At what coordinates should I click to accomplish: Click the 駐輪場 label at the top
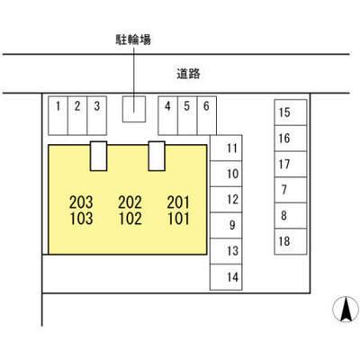click(x=133, y=40)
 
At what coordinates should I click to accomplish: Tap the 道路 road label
click(x=188, y=74)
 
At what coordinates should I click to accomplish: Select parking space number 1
click(x=58, y=115)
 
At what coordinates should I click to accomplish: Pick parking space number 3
click(x=97, y=115)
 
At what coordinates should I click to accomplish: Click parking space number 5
click(x=187, y=115)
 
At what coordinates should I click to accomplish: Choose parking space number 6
click(x=207, y=115)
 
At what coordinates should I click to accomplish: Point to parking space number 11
click(x=226, y=148)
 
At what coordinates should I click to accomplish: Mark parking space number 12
click(x=226, y=200)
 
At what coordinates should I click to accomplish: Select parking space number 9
click(x=226, y=225)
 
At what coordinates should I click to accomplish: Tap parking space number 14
click(x=226, y=277)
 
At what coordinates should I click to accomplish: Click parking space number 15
click(x=291, y=112)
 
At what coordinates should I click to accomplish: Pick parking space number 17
click(x=291, y=164)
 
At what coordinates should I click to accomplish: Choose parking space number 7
click(x=291, y=190)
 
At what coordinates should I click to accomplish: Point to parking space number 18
click(x=291, y=241)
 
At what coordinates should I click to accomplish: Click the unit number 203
click(x=81, y=202)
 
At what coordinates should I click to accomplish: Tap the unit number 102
click(x=130, y=219)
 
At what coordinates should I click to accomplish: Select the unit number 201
click(x=178, y=202)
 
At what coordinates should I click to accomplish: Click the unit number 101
click(x=178, y=219)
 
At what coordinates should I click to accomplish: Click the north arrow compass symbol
click(x=346, y=310)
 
